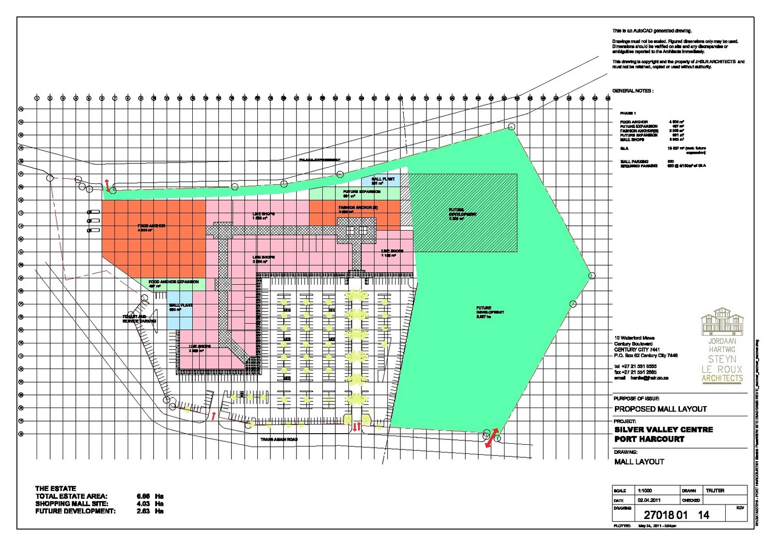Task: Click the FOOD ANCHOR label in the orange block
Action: point(151,226)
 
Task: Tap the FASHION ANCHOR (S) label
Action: point(358,207)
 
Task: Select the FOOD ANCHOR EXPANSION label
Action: point(173,282)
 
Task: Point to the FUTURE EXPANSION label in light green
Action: point(361,192)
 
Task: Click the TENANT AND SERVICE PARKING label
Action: point(139,319)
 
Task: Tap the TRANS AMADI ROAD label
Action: point(279,439)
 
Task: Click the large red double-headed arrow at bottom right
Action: point(492,438)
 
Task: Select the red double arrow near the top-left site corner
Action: point(107,185)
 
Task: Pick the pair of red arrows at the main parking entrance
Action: point(357,426)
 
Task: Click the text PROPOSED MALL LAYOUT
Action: point(660,409)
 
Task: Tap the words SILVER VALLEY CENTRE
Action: point(664,429)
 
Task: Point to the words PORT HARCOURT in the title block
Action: point(649,439)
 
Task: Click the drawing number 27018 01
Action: point(665,515)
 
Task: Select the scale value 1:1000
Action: point(645,491)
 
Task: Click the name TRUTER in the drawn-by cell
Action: point(715,491)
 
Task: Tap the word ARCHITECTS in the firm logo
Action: point(722,378)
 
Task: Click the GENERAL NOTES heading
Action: point(633,91)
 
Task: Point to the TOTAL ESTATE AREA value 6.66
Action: point(143,496)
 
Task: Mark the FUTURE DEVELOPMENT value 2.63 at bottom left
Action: point(143,511)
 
